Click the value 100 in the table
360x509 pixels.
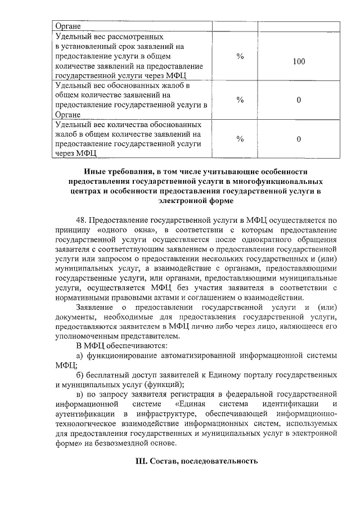(x=299, y=61)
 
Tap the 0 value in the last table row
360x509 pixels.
(x=299, y=139)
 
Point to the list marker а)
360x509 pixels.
(x=80, y=355)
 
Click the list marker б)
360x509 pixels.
(x=80, y=375)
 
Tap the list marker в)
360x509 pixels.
(x=80, y=394)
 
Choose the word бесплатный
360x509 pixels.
(x=111, y=375)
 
